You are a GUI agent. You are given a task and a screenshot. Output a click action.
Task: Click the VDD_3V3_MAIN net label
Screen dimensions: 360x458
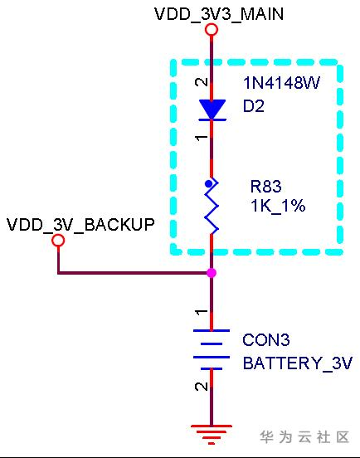219,14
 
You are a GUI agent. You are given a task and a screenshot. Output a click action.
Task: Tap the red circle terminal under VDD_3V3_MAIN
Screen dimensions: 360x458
212,30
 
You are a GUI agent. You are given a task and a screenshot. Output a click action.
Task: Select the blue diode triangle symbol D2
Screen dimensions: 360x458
212,110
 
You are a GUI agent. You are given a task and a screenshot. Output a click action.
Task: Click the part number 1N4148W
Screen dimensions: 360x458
282,83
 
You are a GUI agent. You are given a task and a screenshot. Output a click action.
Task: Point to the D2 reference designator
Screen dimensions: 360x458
254,105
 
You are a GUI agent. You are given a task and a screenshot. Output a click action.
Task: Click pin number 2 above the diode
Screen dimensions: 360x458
202,82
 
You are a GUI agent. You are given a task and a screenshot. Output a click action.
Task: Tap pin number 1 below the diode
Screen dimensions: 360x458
202,137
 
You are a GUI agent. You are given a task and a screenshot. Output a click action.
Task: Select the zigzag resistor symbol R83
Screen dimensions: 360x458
212,206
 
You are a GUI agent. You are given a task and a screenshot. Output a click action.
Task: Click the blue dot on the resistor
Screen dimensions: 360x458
208,183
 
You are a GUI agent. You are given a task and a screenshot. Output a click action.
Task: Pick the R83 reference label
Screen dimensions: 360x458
266,187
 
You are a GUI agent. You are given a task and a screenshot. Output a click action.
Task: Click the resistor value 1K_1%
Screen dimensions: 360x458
278,206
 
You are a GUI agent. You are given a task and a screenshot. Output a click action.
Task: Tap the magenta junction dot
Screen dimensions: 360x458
212,273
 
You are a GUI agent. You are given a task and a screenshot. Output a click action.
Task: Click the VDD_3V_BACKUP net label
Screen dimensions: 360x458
80,225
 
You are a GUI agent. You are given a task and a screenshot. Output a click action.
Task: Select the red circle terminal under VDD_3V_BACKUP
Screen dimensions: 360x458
58,241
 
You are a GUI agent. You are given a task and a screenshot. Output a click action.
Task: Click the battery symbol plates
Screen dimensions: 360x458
212,350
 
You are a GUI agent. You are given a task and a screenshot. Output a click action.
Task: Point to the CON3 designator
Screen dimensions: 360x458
266,340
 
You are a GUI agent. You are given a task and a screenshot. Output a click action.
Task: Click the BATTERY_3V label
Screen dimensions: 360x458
298,363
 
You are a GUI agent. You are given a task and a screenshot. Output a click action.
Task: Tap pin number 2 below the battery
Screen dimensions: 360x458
202,386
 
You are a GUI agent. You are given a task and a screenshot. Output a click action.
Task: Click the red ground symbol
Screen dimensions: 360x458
212,435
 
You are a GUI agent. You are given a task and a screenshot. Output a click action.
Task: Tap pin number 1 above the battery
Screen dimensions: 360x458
202,312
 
